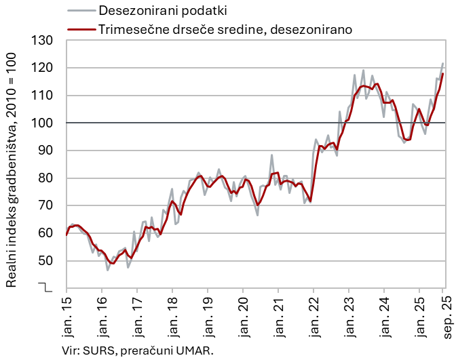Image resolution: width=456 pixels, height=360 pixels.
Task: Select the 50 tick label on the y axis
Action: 45,260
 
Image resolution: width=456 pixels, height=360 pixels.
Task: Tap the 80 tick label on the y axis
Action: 45,178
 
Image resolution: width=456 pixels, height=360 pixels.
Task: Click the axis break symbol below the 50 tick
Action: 45,287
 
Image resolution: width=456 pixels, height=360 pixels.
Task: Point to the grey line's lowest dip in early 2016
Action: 107,271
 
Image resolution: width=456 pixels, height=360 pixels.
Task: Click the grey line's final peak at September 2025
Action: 443,64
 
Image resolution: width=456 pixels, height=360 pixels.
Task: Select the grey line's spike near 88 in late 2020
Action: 272,155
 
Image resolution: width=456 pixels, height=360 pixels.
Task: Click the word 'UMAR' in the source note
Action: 195,350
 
